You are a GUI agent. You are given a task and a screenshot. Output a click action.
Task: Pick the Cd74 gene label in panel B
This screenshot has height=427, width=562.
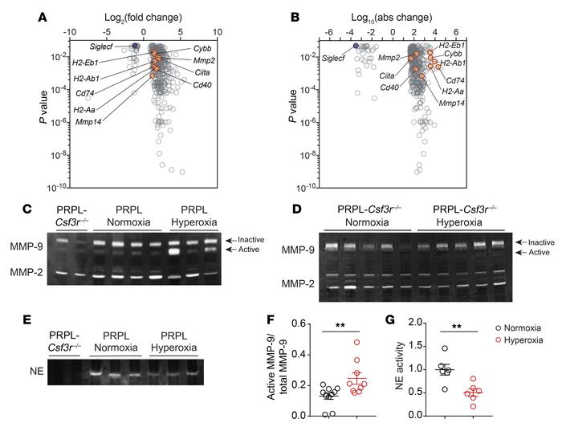(x=456, y=80)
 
